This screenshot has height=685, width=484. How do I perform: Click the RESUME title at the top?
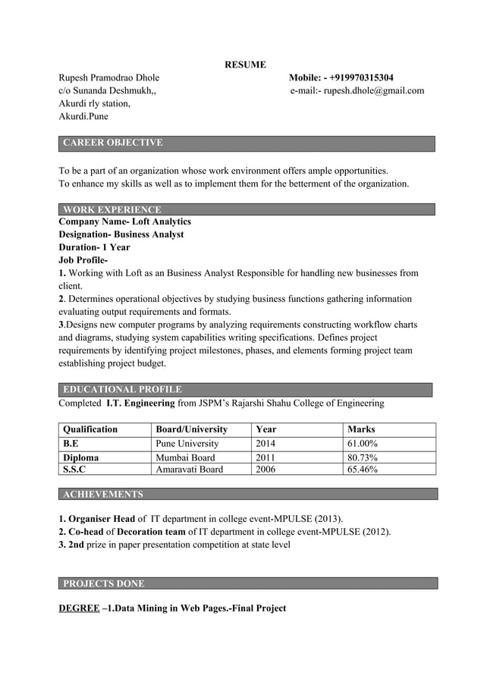(x=245, y=64)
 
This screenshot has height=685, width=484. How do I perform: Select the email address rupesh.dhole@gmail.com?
(x=374, y=91)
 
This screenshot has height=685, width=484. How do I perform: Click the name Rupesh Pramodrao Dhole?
(x=109, y=77)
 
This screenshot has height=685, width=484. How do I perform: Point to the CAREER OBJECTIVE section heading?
(x=112, y=143)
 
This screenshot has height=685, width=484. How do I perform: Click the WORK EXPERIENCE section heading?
(x=112, y=209)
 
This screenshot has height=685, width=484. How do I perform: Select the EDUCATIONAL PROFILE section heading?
(x=122, y=389)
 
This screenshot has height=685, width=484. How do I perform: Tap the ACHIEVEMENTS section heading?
(x=102, y=495)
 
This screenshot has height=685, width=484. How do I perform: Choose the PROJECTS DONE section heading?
(x=103, y=583)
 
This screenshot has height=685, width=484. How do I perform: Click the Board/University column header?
(x=191, y=429)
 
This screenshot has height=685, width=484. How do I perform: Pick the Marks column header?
(x=361, y=429)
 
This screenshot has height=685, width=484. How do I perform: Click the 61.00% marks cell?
(x=363, y=444)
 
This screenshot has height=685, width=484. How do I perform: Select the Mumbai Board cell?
(x=185, y=457)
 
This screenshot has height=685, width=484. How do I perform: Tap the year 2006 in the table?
(x=266, y=470)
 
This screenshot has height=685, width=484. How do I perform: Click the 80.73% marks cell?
(x=363, y=457)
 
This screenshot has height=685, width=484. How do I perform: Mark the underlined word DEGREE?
(x=79, y=608)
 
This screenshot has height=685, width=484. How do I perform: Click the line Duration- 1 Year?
(x=94, y=247)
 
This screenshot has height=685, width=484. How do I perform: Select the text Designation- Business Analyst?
(x=121, y=234)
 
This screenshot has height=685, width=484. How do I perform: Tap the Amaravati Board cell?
(x=189, y=470)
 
